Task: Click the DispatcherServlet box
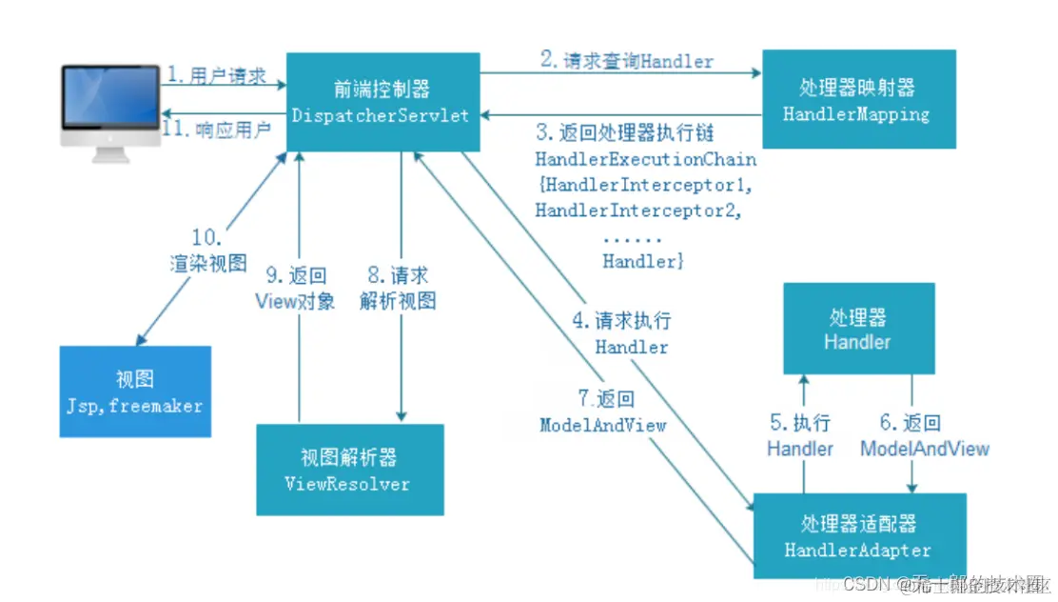tap(382, 101)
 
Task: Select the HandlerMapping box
tap(856, 100)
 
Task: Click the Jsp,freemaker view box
tap(134, 391)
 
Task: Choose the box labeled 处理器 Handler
tap(858, 329)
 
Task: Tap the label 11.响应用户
tap(216, 129)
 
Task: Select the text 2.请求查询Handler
tap(627, 61)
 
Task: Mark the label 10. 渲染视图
tap(208, 251)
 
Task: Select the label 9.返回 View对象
tap(295, 289)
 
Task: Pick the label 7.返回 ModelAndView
tap(602, 412)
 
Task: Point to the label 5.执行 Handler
tap(800, 435)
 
